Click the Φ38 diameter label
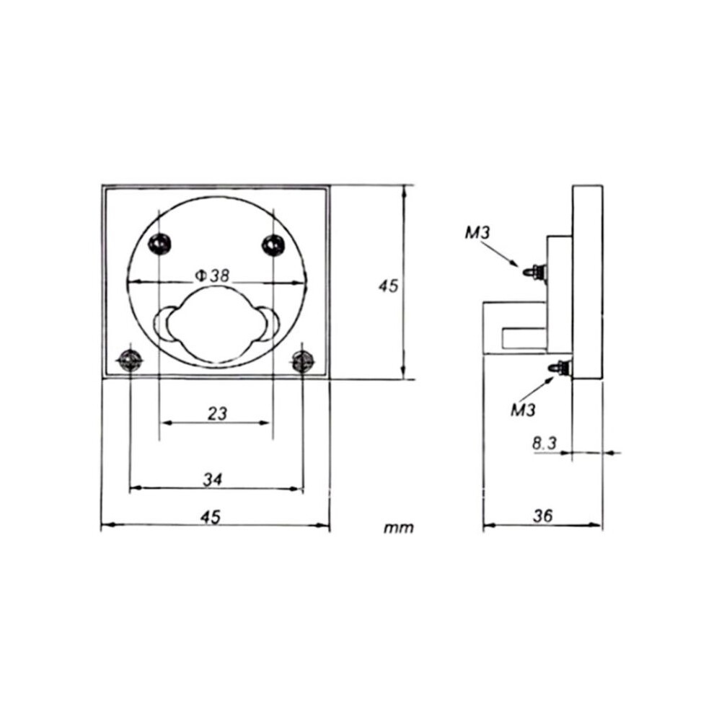coord(212,276)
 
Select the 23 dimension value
coord(217,413)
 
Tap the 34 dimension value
coord(212,480)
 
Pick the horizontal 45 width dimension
coord(210,517)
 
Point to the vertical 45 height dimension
coord(388,286)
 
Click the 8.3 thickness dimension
coord(545,443)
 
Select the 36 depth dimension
coord(542,516)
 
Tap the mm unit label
coord(399,528)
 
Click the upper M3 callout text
coord(477,233)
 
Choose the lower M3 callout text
coord(523,410)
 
